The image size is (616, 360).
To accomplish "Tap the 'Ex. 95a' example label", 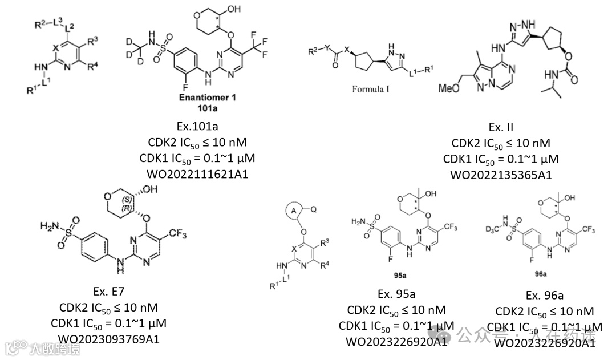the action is pos(396,294).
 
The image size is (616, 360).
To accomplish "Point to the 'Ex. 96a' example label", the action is pos(544,296).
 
